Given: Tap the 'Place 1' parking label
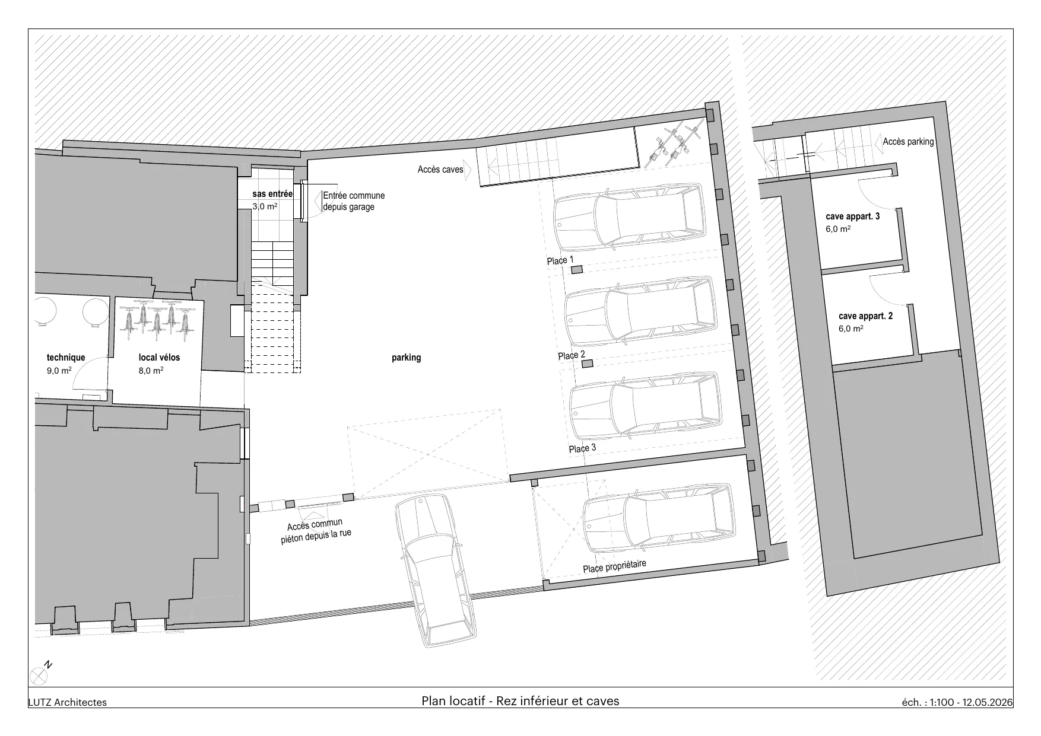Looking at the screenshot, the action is tap(560, 260).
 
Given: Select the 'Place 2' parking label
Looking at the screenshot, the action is tap(572, 355).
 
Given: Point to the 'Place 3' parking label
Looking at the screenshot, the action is tap(582, 448).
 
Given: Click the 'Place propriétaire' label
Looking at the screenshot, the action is tap(614, 567).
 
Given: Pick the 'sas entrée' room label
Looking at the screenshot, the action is tap(272, 194).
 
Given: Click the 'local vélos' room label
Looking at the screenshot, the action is tap(159, 358).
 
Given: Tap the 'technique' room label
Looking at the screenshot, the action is tap(66, 358).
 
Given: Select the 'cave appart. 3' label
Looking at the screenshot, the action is tap(853, 216).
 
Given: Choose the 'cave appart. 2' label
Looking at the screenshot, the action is tap(866, 316).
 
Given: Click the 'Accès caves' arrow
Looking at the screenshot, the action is tap(467, 170).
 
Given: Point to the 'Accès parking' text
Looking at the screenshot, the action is tap(908, 142).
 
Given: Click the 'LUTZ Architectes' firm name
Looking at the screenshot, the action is tap(68, 702).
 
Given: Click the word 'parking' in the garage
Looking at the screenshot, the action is tap(407, 358).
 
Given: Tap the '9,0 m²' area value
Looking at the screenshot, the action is tap(59, 371).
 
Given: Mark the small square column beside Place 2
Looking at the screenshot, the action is tap(587, 365).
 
